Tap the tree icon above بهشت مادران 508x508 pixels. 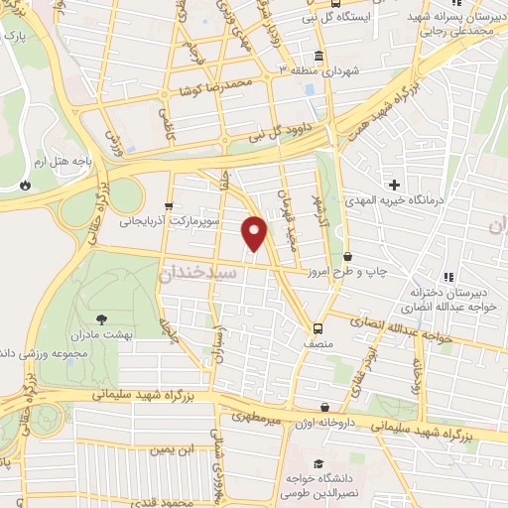click(102, 319)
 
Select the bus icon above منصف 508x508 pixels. click(317, 328)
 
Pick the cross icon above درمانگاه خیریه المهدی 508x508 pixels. click(395, 185)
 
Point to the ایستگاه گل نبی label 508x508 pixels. click(364, 17)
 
